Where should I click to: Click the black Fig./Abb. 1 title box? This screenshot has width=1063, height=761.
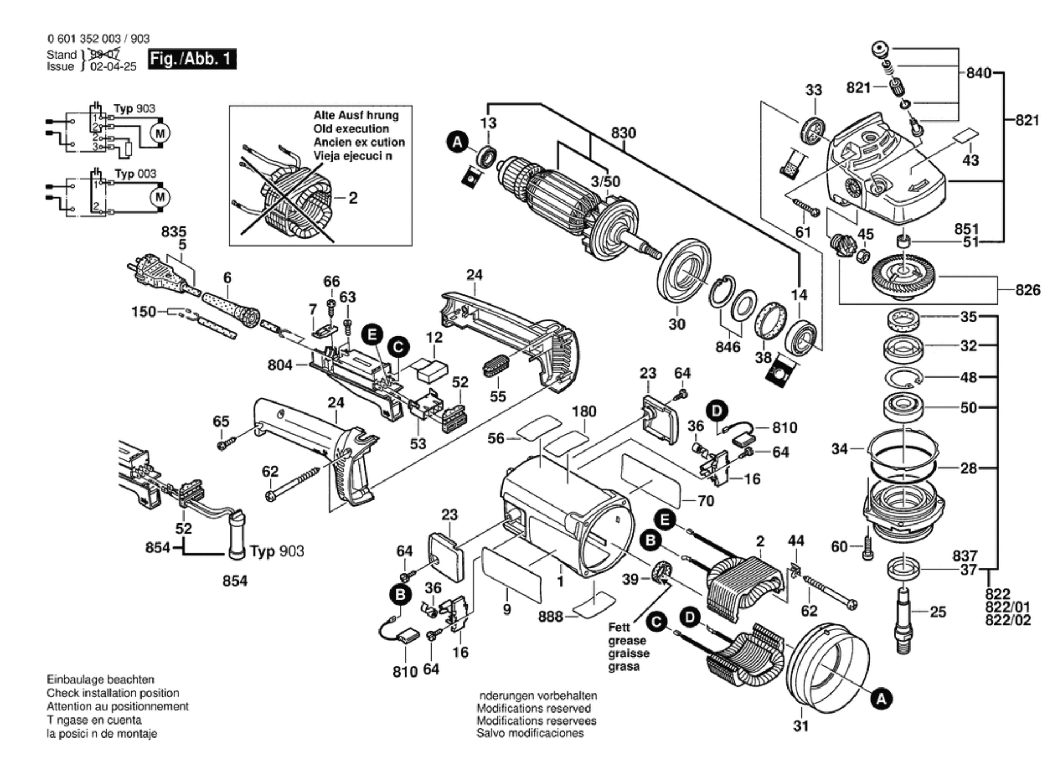click(192, 59)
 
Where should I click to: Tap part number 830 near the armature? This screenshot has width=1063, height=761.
click(623, 133)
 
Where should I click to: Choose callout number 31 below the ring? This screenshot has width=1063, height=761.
click(801, 726)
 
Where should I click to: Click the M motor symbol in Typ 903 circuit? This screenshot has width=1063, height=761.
click(160, 133)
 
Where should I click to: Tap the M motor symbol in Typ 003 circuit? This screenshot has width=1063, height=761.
click(160, 197)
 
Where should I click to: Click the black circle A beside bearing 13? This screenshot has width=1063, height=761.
click(457, 143)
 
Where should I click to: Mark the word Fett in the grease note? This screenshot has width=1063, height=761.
click(619, 627)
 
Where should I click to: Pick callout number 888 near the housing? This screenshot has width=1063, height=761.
click(550, 616)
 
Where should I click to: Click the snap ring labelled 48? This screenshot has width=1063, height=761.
click(903, 378)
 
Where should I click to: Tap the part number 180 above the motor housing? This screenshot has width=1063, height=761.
click(584, 412)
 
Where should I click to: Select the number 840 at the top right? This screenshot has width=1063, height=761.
click(979, 72)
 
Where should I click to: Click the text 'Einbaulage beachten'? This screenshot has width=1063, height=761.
click(100, 679)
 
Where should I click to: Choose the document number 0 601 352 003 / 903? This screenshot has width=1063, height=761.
click(98, 39)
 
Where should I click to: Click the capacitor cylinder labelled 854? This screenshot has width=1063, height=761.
click(237, 537)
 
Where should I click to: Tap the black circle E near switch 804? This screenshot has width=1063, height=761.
click(372, 334)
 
